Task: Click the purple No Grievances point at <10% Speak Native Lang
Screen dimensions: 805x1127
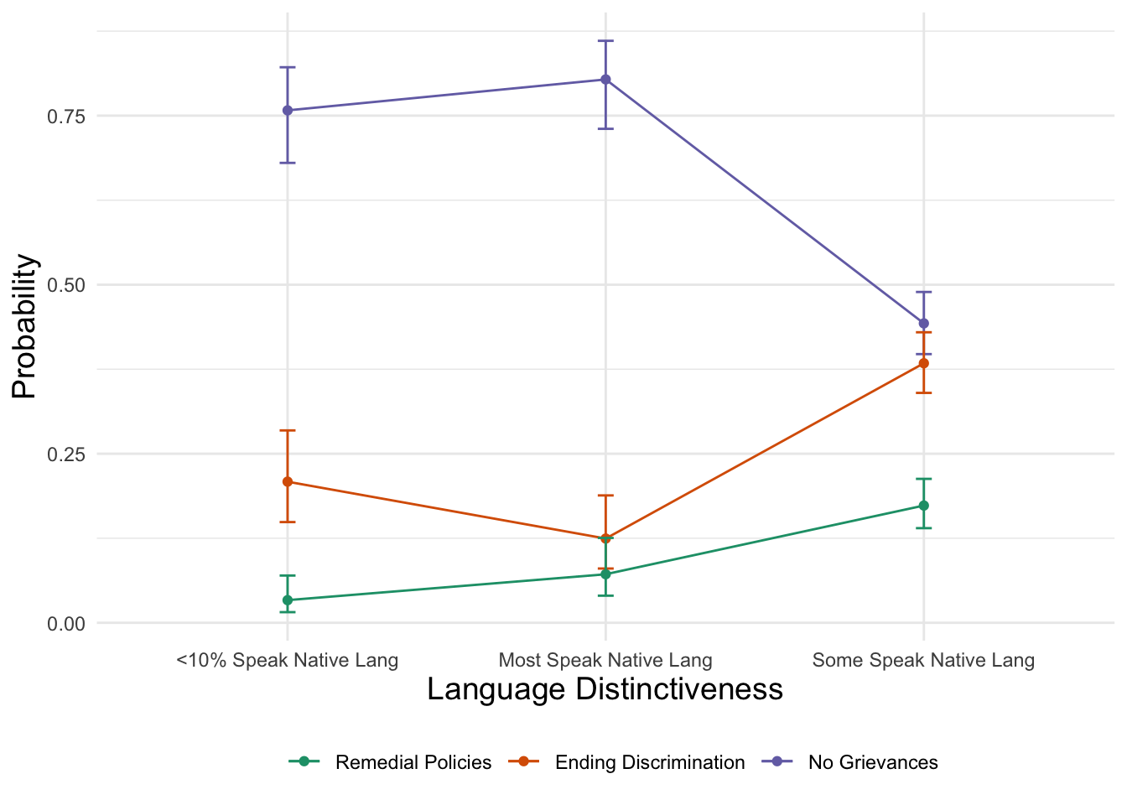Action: [x=288, y=110]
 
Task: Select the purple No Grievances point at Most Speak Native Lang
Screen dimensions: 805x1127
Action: [x=605, y=80]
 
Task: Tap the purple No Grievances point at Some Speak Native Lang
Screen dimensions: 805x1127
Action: [x=923, y=323]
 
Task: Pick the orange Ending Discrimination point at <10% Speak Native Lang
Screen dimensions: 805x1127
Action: [x=288, y=481]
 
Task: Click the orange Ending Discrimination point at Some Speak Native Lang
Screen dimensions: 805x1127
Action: [x=923, y=363]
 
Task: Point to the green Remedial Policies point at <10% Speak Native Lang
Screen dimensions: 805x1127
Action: [x=288, y=600]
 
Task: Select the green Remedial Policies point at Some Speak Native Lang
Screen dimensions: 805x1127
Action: [x=923, y=506]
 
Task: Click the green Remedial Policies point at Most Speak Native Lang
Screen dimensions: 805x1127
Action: [x=605, y=574]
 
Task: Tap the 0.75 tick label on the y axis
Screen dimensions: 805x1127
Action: [x=66, y=116]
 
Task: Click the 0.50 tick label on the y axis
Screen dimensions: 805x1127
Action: [x=66, y=285]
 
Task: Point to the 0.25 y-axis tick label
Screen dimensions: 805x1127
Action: [x=66, y=454]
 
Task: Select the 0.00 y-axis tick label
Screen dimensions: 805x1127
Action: [x=66, y=623]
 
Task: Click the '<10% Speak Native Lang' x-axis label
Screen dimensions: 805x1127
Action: [x=288, y=660]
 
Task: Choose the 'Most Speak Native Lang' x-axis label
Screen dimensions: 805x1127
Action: [x=605, y=660]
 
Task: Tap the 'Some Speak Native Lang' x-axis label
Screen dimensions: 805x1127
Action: [x=923, y=660]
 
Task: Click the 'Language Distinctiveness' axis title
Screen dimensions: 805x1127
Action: [x=605, y=689]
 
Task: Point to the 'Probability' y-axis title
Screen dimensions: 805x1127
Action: [x=24, y=326]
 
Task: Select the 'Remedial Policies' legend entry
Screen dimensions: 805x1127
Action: [x=413, y=762]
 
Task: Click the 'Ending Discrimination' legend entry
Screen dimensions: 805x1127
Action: [x=649, y=762]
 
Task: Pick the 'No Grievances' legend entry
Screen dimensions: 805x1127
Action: [x=872, y=762]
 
